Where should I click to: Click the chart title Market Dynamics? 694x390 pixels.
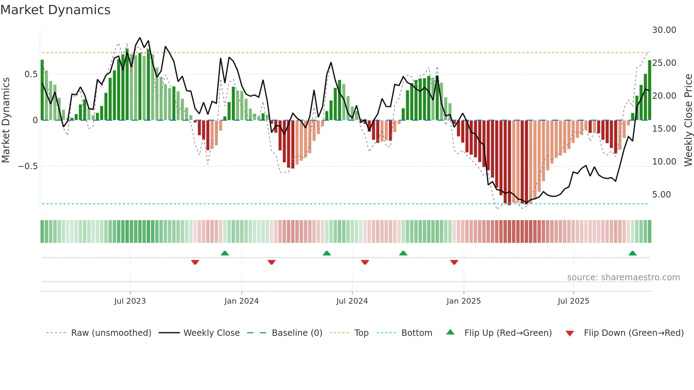coord(55,10)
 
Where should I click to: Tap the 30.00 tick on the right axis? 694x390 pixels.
coord(664,30)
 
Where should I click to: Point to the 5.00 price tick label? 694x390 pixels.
coord(661,195)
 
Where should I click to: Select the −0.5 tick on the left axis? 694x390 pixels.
coord(28,166)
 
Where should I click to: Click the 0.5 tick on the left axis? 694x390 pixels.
coord(31,74)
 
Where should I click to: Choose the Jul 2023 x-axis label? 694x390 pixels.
coord(130,301)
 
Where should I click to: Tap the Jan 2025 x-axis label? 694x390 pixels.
coord(463,301)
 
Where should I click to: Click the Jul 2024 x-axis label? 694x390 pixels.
coord(352,301)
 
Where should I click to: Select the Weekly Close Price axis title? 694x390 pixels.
coord(688,120)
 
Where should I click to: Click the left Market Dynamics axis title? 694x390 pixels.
coord(6,120)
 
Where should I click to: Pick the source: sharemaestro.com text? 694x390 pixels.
coord(623,277)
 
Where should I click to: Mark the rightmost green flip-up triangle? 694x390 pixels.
coord(632,253)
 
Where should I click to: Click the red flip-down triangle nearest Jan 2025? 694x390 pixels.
coord(454,262)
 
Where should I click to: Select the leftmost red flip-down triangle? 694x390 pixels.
coord(195,262)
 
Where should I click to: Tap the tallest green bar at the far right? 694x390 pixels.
coord(649,90)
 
